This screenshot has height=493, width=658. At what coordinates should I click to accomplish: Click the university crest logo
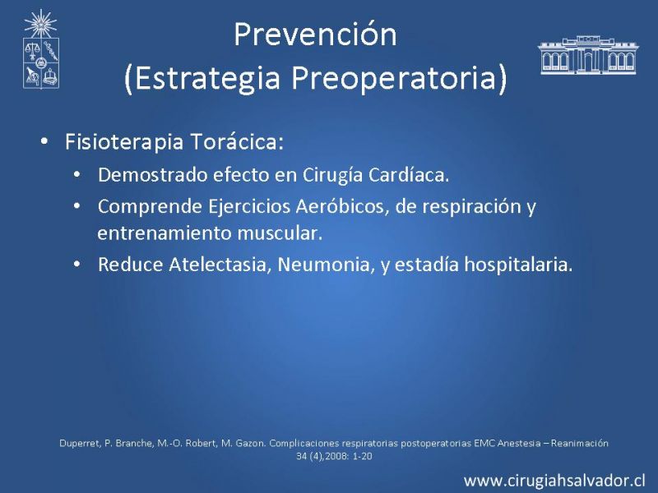point(40,49)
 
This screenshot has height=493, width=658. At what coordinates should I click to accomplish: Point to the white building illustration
point(588,55)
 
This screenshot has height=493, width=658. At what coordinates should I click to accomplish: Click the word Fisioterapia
point(124,142)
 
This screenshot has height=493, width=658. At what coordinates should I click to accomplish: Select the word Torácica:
point(238,141)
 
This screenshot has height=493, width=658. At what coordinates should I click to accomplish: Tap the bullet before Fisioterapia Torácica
point(44,141)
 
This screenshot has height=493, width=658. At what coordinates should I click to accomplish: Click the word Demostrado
point(152,175)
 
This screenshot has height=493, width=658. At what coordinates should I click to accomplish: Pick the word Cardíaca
point(409,175)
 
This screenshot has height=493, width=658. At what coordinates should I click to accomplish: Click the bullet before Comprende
point(76,206)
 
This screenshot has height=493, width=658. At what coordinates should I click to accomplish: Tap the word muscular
point(280,233)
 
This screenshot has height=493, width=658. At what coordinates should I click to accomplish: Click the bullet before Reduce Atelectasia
point(76,265)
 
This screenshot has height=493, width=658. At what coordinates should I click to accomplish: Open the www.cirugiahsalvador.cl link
point(554,481)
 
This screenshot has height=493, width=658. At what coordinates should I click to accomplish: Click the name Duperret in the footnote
point(80,444)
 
